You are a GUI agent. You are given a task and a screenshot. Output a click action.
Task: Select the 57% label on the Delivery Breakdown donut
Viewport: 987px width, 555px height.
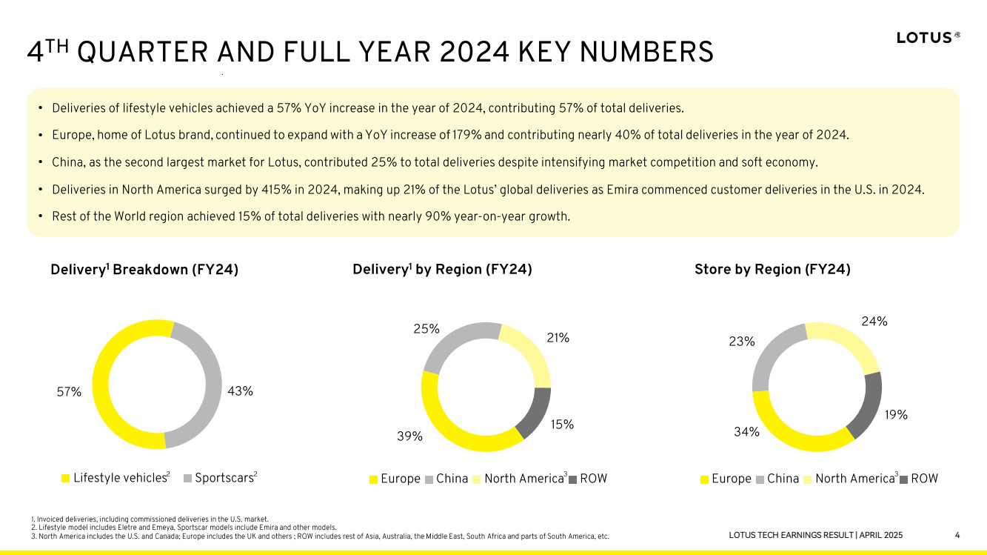point(69,392)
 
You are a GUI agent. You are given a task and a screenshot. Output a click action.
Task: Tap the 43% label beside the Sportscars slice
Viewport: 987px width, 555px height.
point(241,391)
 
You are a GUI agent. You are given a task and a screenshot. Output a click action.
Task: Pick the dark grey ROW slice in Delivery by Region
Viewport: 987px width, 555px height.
point(535,413)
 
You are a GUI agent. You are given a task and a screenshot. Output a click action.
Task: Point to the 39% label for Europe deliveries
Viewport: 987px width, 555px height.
point(410,436)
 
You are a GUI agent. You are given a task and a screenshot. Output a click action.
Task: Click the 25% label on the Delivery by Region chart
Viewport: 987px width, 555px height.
point(427,328)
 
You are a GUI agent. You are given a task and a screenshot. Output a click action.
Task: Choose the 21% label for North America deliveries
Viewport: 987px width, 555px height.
point(558,338)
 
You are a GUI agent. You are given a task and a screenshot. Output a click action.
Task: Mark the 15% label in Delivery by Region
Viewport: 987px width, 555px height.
point(562,425)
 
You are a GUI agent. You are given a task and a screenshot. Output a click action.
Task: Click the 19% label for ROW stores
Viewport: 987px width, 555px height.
point(896,415)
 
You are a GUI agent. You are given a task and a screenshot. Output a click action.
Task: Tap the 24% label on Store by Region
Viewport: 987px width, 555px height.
point(874,322)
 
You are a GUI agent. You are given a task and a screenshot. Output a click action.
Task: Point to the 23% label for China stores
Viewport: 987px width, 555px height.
point(741,342)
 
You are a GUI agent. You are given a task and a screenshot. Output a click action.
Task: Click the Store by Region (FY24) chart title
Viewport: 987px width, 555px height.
point(772,270)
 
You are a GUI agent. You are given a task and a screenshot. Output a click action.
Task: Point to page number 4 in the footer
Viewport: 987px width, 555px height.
point(957,535)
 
